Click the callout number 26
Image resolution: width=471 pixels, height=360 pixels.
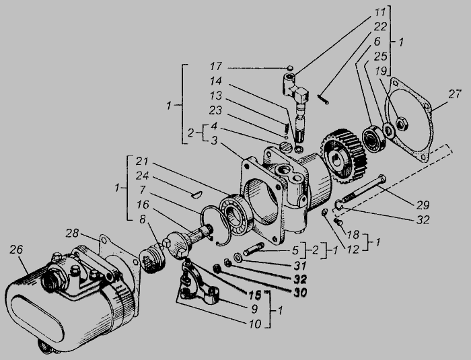click(16, 250)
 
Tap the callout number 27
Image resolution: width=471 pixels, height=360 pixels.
click(455, 94)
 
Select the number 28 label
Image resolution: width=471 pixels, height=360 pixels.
click(72, 233)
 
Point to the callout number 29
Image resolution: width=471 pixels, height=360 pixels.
click(423, 205)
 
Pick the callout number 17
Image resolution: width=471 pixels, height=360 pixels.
click(216, 66)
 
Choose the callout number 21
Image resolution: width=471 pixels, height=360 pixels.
click(142, 161)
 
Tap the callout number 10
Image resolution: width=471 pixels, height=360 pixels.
click(255, 324)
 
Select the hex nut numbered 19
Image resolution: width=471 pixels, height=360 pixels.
click(402, 124)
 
